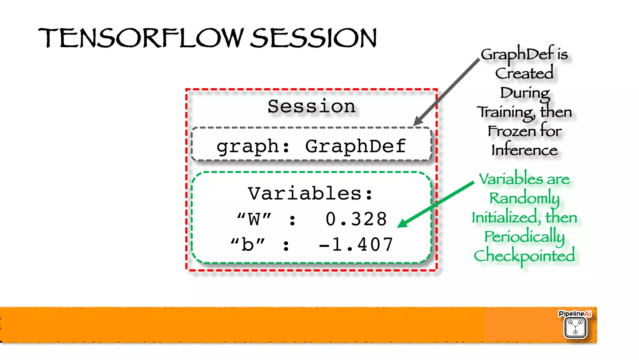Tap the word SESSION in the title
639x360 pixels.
[314, 38]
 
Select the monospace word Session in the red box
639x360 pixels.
[311, 106]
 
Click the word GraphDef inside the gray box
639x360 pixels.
[355, 146]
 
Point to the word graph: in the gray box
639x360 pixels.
[253, 146]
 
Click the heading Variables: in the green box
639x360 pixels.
[310, 194]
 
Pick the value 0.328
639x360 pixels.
[356, 219]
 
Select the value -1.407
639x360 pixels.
[356, 244]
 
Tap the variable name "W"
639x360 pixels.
[254, 219]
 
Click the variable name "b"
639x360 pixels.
[248, 244]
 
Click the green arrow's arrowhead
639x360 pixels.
[402, 224]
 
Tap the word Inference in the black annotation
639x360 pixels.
[524, 150]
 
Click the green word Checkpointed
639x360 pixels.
[524, 256]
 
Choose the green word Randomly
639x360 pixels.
[524, 198]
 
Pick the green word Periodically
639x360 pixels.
[524, 236]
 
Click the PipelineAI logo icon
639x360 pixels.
[575, 327]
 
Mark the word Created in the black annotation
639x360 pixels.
[524, 74]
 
